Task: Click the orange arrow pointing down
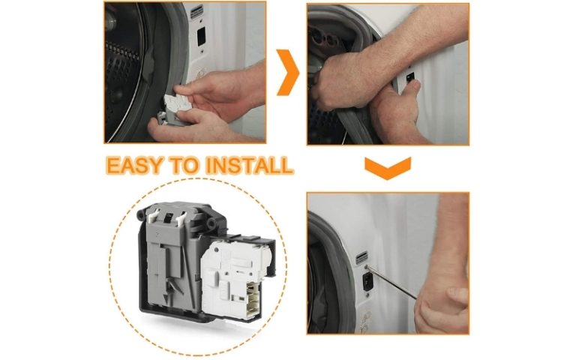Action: pyautogui.click(x=387, y=167)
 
